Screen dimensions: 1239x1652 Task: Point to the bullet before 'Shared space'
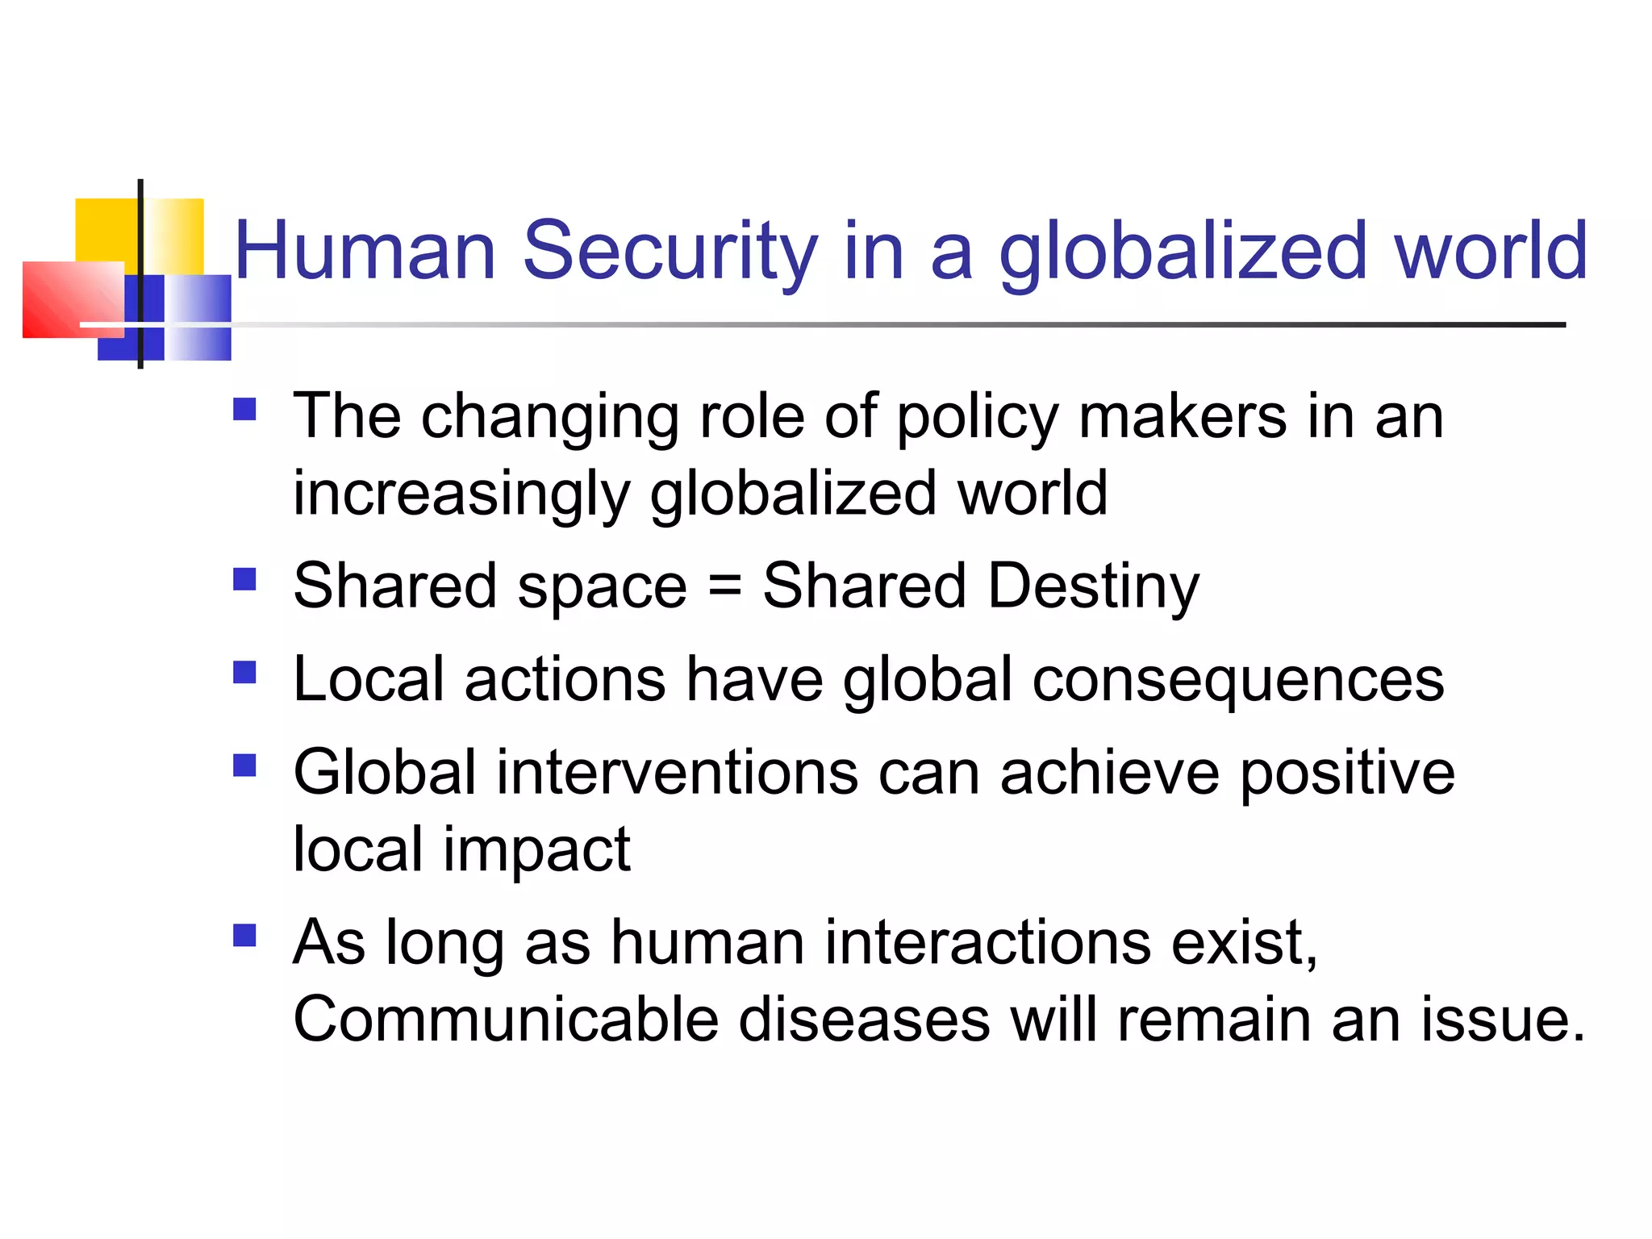tap(244, 580)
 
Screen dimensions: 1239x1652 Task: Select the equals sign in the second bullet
tap(724, 586)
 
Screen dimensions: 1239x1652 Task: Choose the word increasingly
tap(461, 494)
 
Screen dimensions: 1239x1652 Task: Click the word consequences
tap(1238, 680)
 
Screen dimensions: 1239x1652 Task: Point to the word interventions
tap(677, 773)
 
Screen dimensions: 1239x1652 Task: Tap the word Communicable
tap(506, 1019)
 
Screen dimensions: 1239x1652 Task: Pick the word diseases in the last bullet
tap(864, 1019)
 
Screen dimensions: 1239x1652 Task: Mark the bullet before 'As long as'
tap(244, 935)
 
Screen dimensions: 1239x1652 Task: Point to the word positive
tap(1347, 773)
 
